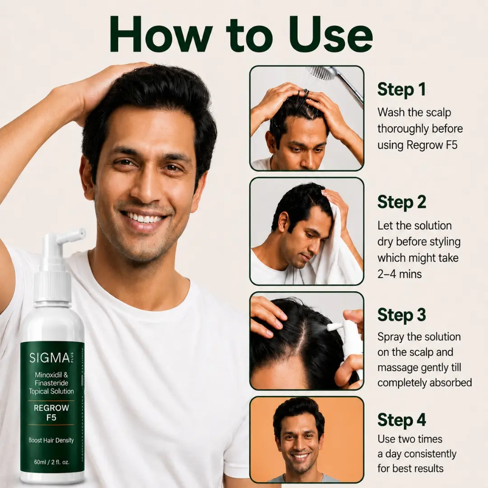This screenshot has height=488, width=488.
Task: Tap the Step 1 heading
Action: click(401, 89)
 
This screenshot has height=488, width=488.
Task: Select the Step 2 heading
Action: click(402, 202)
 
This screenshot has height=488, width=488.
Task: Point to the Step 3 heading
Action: click(402, 315)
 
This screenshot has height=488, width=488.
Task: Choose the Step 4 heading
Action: click(402, 420)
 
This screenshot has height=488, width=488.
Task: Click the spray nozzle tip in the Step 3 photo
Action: click(330, 327)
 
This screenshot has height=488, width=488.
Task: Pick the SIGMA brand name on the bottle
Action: click(50, 358)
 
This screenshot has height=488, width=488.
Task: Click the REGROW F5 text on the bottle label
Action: click(52, 413)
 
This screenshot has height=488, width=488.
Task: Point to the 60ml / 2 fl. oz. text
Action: click(52, 462)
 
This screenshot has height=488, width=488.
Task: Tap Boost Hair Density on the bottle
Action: click(52, 440)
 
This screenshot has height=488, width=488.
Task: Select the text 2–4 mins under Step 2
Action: click(399, 274)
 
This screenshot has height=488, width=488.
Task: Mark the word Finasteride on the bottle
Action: click(52, 383)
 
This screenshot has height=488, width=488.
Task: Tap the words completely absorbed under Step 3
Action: click(424, 383)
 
